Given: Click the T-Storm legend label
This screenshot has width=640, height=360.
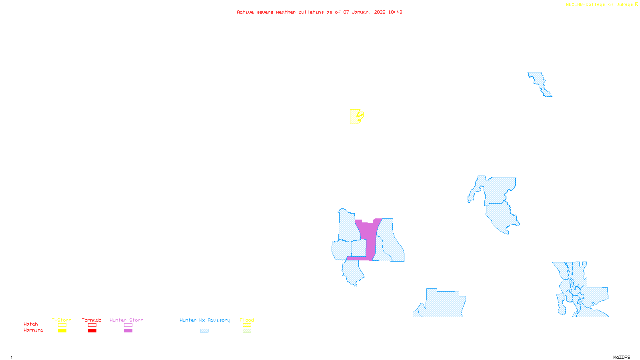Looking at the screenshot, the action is point(62,320).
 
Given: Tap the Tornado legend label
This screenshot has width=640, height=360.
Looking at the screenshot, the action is point(92,320).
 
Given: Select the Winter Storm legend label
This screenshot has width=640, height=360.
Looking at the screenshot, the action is point(126,320).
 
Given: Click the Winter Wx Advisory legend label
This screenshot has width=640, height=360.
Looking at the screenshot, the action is point(205,320).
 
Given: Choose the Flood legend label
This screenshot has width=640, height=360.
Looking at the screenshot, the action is point(247,320).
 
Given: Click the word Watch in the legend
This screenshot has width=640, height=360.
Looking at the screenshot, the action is point(31,324).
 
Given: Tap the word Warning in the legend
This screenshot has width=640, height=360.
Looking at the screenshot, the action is point(33,330).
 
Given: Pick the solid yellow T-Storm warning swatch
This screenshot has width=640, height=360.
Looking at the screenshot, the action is point(62,331).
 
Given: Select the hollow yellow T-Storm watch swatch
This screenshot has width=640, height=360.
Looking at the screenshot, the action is point(62,325).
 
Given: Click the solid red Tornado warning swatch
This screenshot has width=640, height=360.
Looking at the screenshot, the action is point(92,331).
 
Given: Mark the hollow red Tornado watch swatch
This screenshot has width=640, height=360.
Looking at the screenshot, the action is point(92,325).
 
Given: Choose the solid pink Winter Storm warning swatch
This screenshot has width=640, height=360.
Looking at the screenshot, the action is point(128,331).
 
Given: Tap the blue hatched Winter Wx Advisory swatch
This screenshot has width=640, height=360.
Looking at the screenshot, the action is point(204,331).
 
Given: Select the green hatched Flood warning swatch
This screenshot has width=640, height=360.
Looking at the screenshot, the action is point(247,331).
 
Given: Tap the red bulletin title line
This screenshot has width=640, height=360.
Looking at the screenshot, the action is point(319,12).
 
